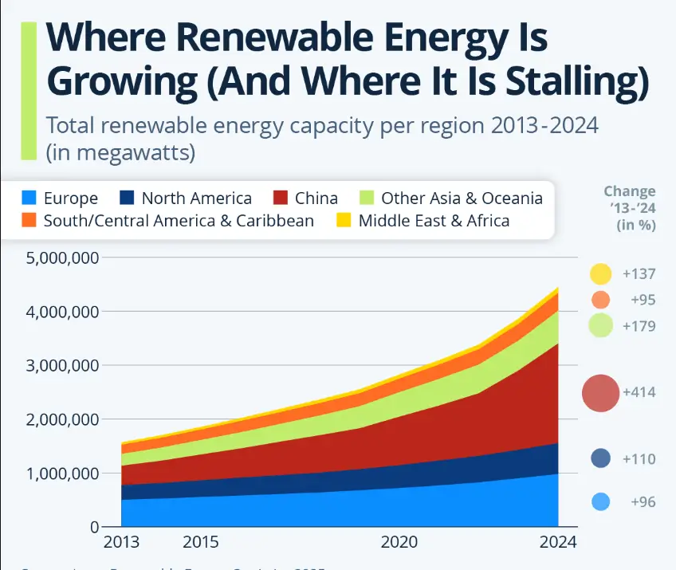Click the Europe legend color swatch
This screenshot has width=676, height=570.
point(29,199)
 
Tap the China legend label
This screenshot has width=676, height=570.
point(316,199)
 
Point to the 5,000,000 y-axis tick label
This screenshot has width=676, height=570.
point(62,258)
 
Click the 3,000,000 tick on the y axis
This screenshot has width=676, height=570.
point(62,366)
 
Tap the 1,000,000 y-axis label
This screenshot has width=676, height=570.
point(62,474)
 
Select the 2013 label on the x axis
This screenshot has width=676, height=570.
point(121,543)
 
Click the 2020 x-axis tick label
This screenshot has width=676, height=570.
point(399,543)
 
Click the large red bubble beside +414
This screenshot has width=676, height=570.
point(601,393)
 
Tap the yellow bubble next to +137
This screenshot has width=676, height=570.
point(601,274)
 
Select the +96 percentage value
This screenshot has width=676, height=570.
point(643,502)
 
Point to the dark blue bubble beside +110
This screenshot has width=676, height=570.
point(601,458)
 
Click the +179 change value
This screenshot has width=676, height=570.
point(639,325)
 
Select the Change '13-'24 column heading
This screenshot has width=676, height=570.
point(629,207)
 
